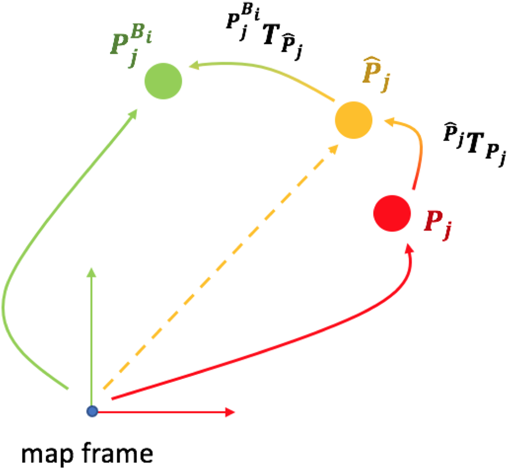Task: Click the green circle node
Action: [163, 82]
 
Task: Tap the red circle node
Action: [392, 213]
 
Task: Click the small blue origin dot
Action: [92, 410]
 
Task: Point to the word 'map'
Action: [46, 454]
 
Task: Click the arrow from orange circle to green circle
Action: [262, 74]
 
